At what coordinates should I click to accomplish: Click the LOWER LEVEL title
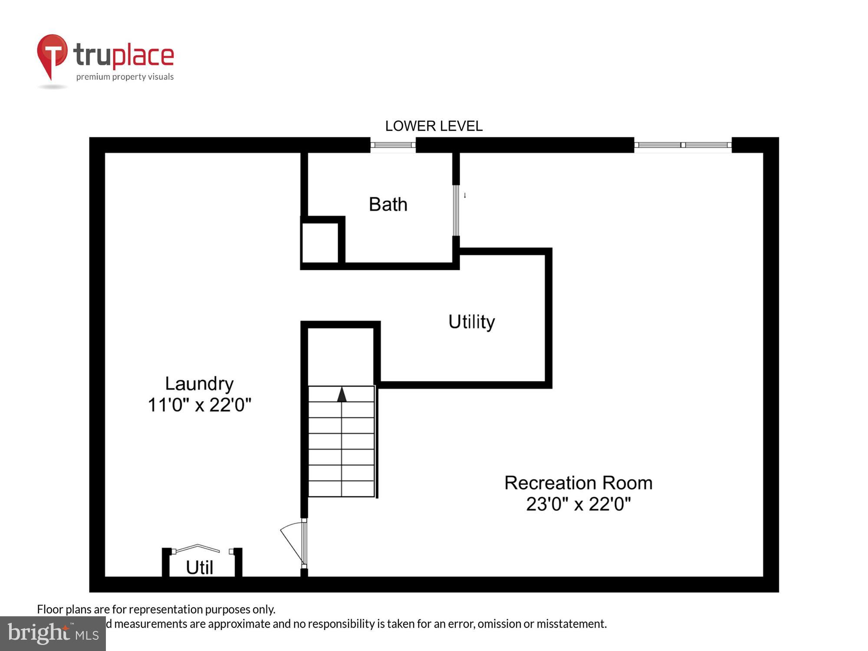coord(434,126)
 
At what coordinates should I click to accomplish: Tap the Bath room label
coord(388,204)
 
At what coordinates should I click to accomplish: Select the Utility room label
coord(471,322)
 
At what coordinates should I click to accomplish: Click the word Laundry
coord(199,384)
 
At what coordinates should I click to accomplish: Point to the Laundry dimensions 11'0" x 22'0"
coord(199,405)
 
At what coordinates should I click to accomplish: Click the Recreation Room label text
coord(578,483)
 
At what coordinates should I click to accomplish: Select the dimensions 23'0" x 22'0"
coord(578,504)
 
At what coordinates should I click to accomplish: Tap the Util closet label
coord(199,568)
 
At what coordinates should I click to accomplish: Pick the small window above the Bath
coord(393,145)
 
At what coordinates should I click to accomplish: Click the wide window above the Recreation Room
coord(683,145)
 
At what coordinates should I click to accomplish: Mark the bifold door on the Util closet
coord(197,549)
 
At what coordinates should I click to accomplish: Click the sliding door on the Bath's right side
coord(456,210)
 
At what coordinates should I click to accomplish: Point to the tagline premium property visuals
coord(125,77)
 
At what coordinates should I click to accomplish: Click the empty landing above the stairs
coord(341,356)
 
